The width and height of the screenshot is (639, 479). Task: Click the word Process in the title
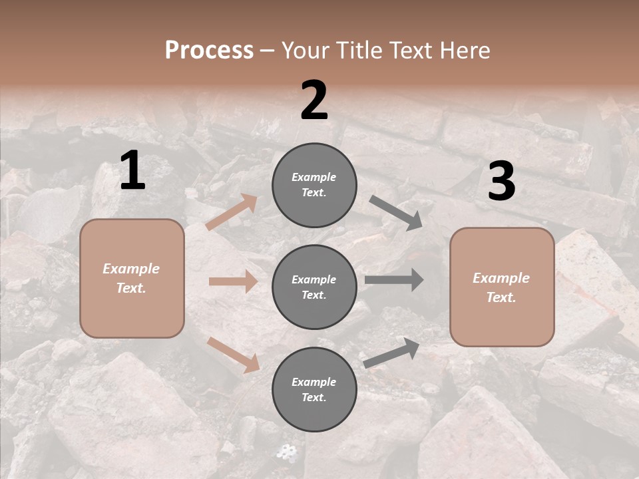pos(209,51)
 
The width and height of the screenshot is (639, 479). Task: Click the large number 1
pos(132,172)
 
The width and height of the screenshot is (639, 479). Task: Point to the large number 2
pos(314,101)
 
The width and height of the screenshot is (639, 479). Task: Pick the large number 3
pos(501,182)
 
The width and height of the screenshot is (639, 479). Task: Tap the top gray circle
pos(314,185)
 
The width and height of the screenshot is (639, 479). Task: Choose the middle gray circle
pos(314,287)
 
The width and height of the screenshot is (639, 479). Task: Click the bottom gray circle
pos(314,389)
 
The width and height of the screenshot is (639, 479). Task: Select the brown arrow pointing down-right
pos(234,355)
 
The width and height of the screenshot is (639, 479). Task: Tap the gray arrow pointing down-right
pos(396,213)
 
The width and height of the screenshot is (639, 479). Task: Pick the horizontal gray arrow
pos(394,280)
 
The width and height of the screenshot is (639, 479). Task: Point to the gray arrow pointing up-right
pos(392,353)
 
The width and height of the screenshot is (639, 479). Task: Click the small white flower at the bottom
pos(288,453)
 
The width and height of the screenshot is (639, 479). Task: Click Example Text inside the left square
pos(131,278)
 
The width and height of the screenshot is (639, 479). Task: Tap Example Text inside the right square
pos(501,287)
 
